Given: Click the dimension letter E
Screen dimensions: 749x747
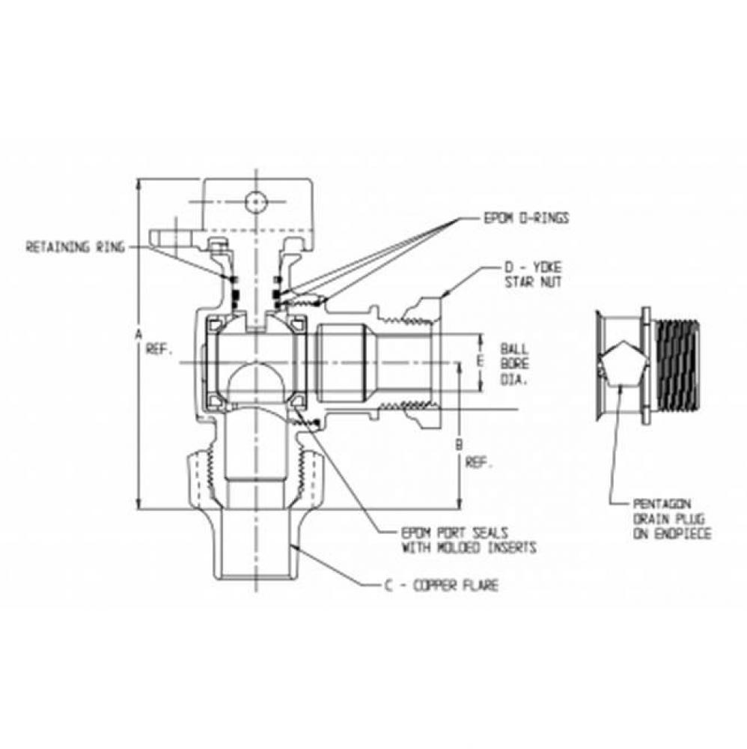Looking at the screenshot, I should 480,362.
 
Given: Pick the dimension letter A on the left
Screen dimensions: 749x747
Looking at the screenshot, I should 138,338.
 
